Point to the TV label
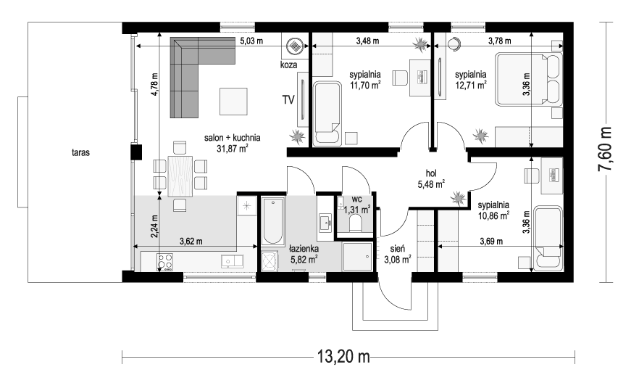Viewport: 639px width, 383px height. click(x=288, y=99)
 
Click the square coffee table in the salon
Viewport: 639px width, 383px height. click(x=233, y=102)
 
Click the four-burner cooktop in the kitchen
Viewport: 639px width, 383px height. click(x=164, y=262)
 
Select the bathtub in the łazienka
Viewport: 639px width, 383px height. click(x=272, y=221)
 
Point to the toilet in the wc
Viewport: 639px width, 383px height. click(x=356, y=223)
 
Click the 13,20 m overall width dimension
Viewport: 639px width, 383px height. click(x=343, y=357)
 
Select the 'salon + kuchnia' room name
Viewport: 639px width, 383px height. click(x=233, y=138)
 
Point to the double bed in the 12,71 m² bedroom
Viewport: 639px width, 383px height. click(x=529, y=79)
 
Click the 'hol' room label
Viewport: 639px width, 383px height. click(x=431, y=174)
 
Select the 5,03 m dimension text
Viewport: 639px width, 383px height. click(x=251, y=41)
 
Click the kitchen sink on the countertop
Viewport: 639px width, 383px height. click(x=232, y=261)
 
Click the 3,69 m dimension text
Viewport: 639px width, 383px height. click(x=491, y=242)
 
